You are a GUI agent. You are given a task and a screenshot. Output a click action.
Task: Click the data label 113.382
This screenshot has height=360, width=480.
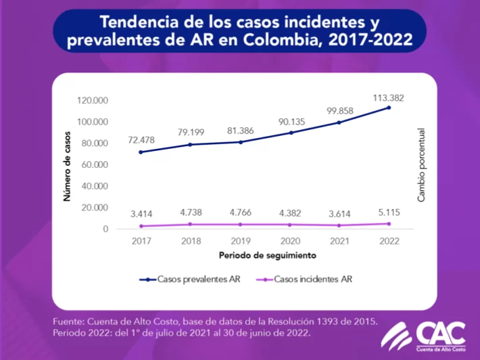tap(388, 97)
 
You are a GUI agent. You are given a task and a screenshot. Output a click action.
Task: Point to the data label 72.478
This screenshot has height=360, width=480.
tap(141, 139)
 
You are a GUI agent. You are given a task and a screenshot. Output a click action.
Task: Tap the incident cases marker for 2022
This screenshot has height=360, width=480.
tap(389, 223)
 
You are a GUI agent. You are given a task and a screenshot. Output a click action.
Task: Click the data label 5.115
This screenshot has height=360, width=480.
tap(388, 214)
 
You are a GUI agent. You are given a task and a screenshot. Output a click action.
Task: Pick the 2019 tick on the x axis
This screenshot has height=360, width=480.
tap(240, 241)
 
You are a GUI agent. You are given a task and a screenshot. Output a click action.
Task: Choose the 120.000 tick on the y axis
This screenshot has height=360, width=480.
tap(93, 101)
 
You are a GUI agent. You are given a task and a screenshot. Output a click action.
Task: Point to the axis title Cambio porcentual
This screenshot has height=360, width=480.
tap(421, 164)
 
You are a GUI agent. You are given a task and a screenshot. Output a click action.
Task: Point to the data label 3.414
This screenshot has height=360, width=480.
tap(141, 215)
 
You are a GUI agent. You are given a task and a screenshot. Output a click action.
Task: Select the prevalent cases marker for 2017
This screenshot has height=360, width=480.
tap(141, 152)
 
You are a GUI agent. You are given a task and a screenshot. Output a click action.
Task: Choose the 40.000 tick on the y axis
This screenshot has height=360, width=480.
tap(93, 186)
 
